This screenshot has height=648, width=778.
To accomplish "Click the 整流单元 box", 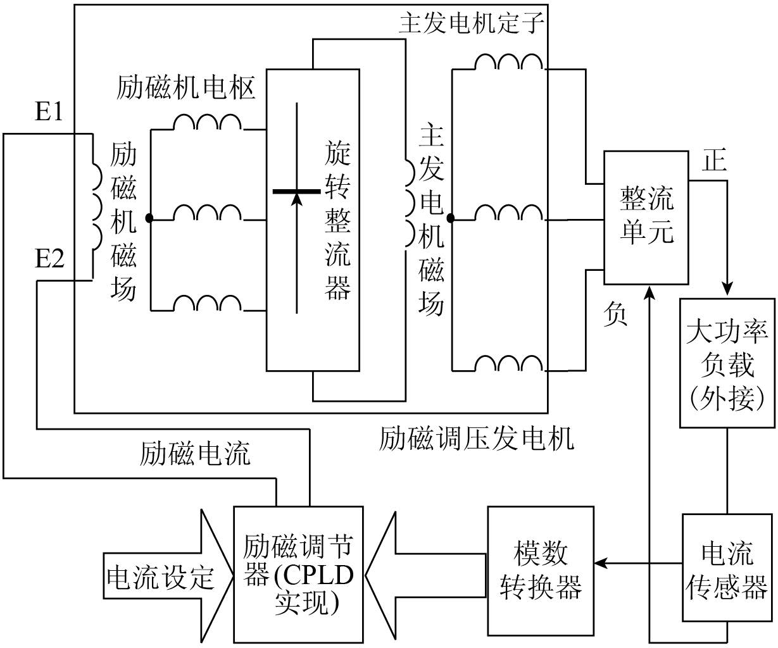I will (646, 217).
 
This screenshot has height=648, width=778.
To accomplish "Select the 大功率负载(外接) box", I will (727, 363).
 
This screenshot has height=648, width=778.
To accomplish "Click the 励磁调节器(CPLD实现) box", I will (298, 573).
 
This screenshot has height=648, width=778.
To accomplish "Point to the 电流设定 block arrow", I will (161, 578).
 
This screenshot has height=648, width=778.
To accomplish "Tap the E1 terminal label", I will (49, 113).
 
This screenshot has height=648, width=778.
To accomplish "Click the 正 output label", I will (714, 162).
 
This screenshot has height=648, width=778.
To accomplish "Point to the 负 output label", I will (615, 314).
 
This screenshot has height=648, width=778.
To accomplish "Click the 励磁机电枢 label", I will (186, 89).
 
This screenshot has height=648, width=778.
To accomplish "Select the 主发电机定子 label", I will (472, 24).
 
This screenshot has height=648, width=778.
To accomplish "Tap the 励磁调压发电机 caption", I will (476, 439).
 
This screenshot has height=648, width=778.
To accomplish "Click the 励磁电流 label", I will (195, 453).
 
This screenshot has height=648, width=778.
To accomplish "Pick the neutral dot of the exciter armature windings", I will (149, 218).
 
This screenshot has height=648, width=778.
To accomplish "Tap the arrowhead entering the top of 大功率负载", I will (728, 289).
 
